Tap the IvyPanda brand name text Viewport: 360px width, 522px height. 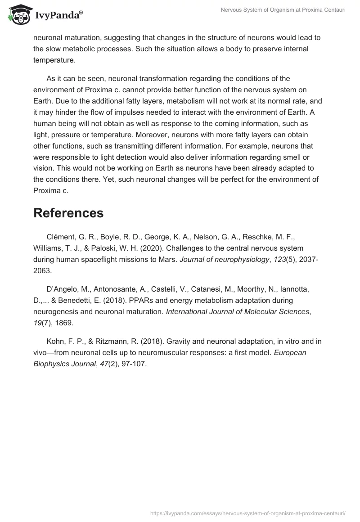coord(58,16)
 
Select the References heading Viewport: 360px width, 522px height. coord(68,213)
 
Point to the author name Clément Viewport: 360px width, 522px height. coord(61,237)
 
